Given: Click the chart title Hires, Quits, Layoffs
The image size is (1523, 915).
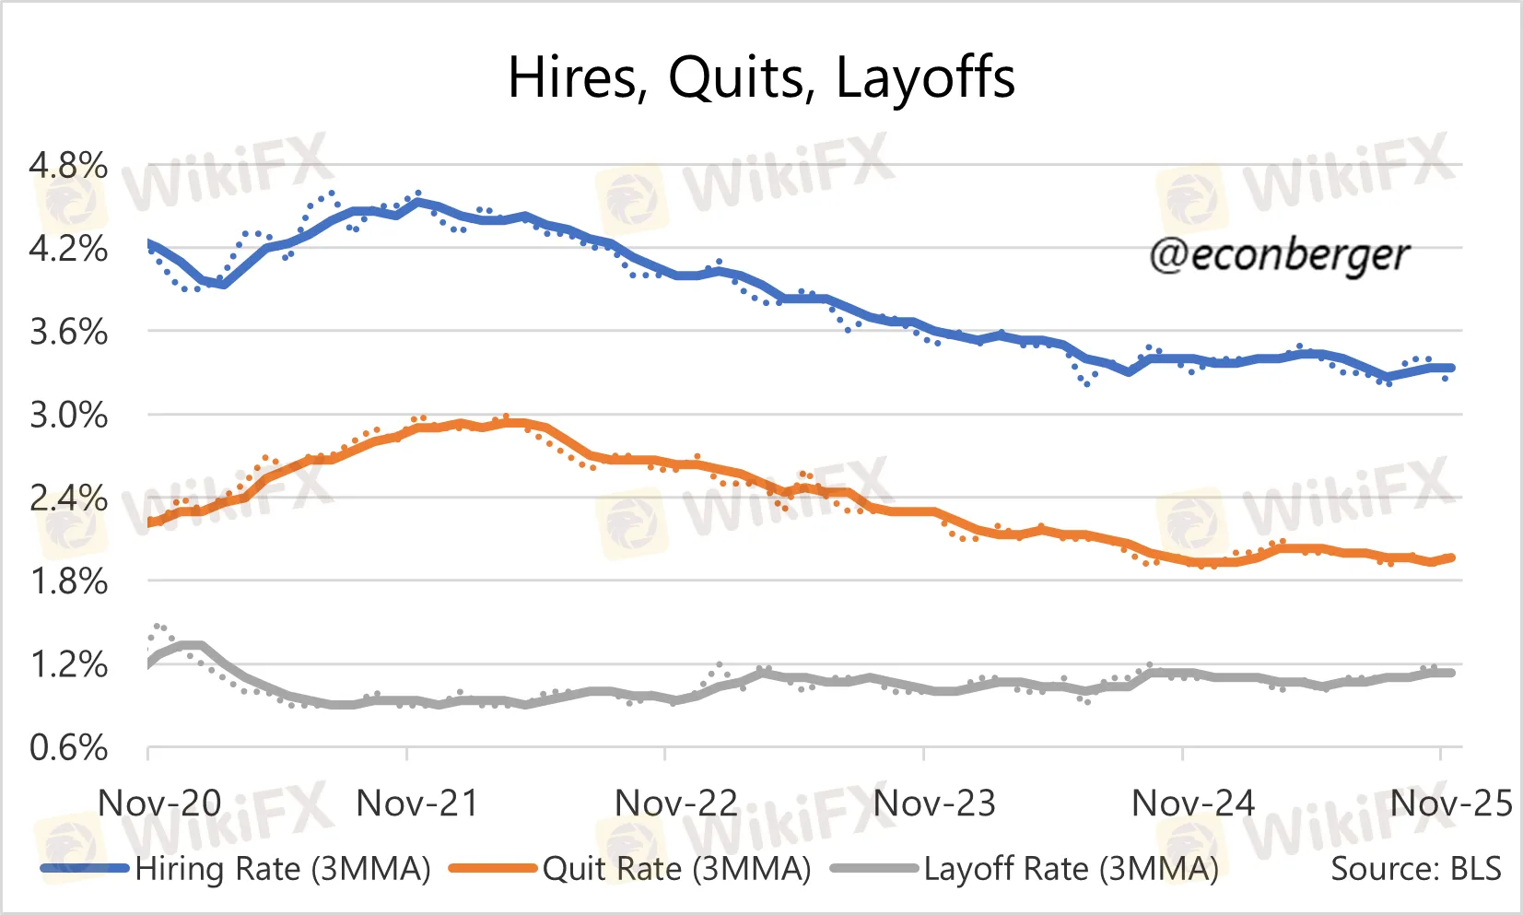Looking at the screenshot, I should (761, 77).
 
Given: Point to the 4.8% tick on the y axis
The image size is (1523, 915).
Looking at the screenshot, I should (68, 166).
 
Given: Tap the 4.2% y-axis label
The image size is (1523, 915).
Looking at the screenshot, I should (68, 249).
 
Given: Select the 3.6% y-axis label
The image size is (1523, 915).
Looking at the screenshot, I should (68, 332).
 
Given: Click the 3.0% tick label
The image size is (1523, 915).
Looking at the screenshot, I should (68, 416).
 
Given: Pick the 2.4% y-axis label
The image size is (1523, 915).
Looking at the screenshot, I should (68, 499).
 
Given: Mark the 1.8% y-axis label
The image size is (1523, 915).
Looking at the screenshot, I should (68, 581).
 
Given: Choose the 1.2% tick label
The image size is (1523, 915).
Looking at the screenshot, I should (68, 664).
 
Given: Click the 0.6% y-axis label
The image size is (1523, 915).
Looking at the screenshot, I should (68, 747).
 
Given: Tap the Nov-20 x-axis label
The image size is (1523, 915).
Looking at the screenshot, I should (159, 804).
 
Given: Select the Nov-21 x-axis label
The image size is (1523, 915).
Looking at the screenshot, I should (417, 804).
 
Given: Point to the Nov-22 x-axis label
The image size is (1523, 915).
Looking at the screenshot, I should (676, 804).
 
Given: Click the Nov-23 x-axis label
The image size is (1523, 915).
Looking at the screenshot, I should (934, 804).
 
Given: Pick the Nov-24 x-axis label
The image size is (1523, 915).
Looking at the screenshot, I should (1193, 804).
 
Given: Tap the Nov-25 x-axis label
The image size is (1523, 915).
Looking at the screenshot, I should (1451, 804).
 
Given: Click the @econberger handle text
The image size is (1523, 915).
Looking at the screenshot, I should (1279, 255).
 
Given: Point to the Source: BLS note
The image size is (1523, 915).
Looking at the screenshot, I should (1416, 869).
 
